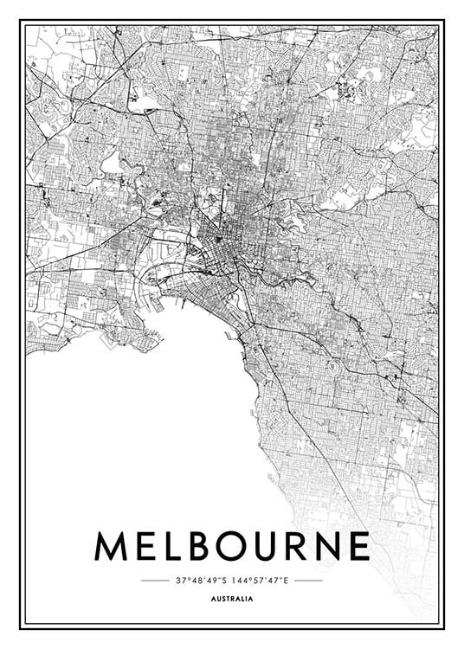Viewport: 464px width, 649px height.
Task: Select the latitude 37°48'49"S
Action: tap(202, 580)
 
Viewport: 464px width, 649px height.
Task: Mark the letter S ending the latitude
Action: tap(226, 580)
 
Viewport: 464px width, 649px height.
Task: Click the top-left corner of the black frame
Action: tap(21, 21)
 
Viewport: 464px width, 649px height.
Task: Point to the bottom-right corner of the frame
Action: tap(443, 627)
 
